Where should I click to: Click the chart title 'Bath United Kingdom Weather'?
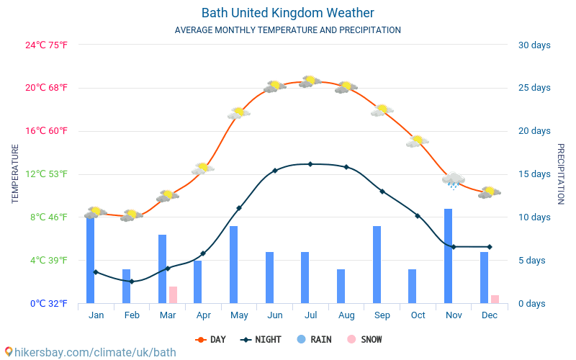287,13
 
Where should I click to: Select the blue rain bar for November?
448,256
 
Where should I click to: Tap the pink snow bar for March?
173,294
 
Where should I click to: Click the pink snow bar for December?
495,299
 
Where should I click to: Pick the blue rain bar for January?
91,259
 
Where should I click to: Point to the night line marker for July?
310,164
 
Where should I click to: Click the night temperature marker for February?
131,282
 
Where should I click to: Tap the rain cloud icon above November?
454,180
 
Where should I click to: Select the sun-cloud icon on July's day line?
310,81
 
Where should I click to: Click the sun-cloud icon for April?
203,168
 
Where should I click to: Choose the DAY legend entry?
212,339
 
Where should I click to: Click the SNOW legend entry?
366,339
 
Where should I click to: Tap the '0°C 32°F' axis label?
49,303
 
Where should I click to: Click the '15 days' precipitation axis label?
534,174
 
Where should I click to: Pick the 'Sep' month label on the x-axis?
382,315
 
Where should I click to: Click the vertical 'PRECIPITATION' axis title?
561,174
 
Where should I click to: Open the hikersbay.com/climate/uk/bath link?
90,352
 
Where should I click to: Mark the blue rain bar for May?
234,264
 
